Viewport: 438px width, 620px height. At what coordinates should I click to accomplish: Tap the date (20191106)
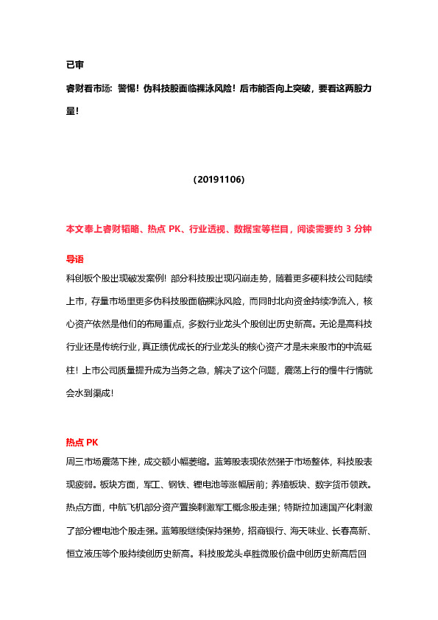pos(219,179)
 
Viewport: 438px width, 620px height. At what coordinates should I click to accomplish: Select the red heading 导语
pos(75,259)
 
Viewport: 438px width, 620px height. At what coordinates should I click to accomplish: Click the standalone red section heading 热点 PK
pos(82,443)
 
